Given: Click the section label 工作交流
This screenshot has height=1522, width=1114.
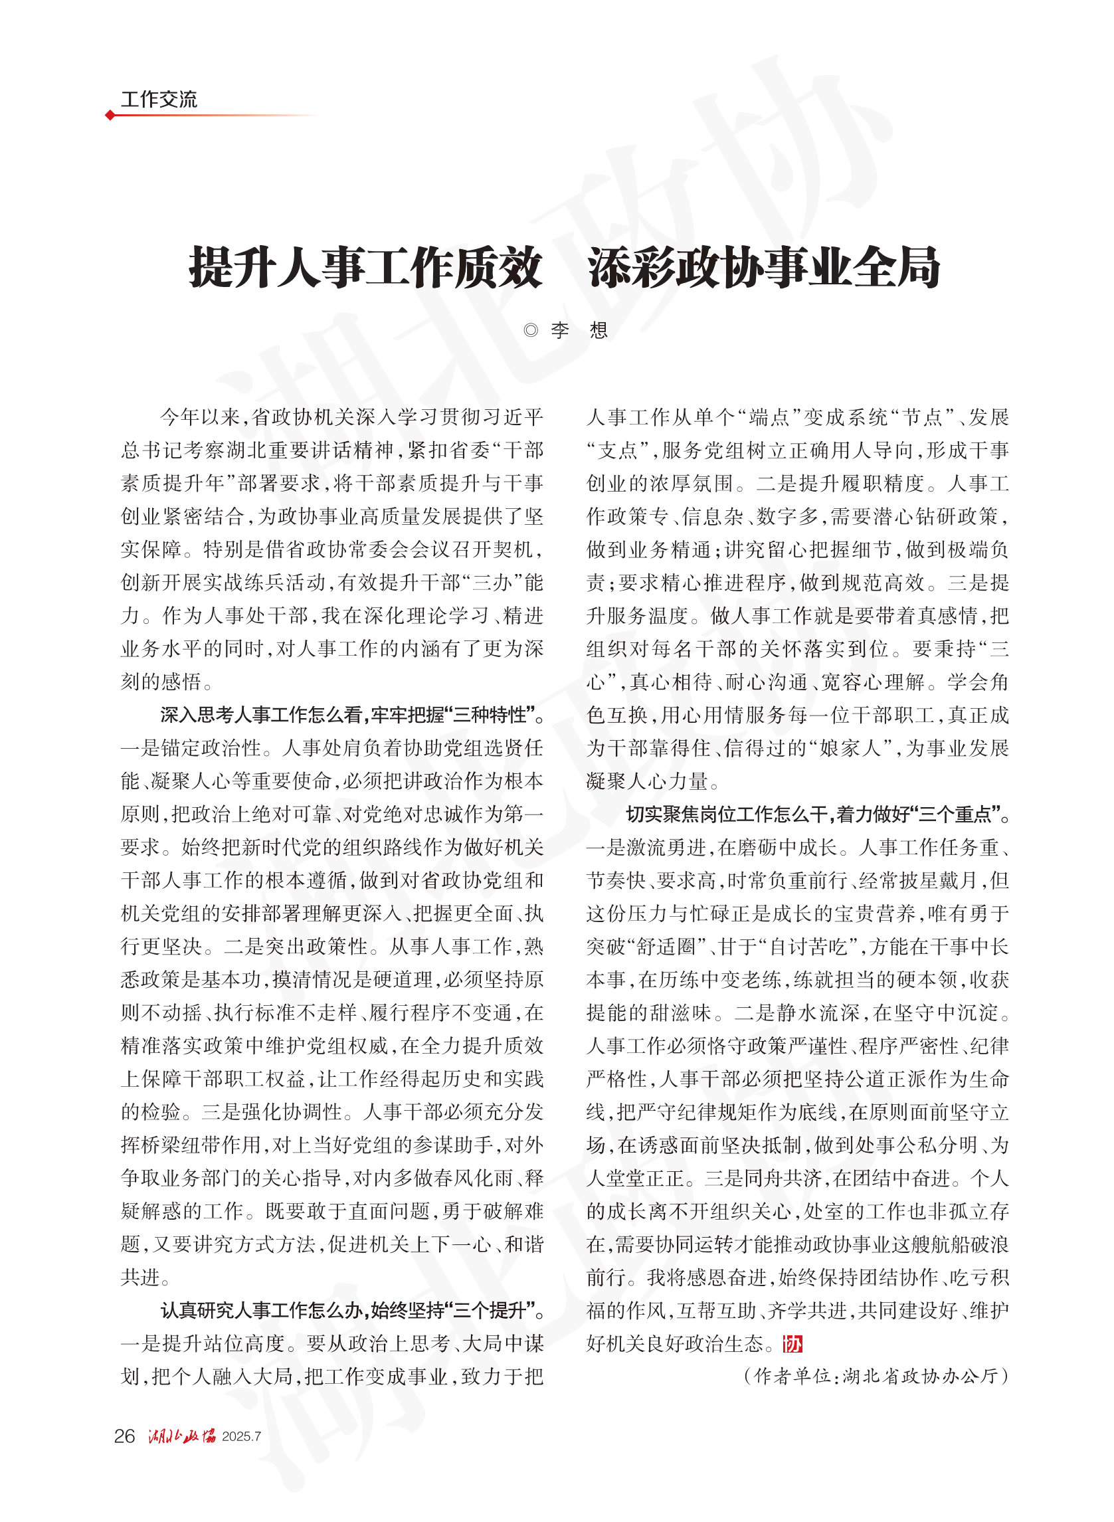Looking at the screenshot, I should coord(159,100).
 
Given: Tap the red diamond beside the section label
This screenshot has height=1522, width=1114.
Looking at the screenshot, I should coord(110,116).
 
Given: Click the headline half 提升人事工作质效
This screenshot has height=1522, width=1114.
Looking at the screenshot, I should coord(365,268).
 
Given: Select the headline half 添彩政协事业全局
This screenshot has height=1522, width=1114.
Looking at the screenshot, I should coord(763,268).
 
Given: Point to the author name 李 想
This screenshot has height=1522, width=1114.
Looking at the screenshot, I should coord(579,330).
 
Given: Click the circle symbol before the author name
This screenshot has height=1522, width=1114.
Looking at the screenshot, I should coord(531,330).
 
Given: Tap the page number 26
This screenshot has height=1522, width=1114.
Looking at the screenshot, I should coord(125,1436).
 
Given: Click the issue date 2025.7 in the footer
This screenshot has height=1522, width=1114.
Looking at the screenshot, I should coord(241,1436).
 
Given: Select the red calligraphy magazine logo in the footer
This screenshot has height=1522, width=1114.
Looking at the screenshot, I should coord(181,1436).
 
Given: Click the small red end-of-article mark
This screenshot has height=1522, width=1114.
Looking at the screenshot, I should coord(792,1344).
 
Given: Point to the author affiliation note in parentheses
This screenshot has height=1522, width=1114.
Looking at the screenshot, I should coord(876,1376).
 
